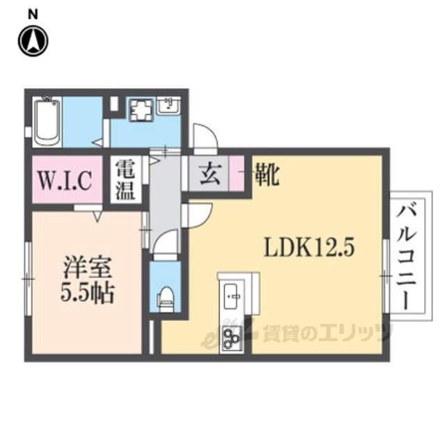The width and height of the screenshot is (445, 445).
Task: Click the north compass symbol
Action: click(33, 40)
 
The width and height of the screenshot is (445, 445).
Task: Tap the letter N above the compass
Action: click(33, 14)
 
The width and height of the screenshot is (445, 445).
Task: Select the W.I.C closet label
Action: click(65, 180)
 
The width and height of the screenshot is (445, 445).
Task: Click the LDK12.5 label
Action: click(309, 248)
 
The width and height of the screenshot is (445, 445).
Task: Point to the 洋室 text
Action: click(88, 267)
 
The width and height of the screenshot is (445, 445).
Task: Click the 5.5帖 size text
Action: click(88, 292)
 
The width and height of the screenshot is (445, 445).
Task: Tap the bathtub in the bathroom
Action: click(47, 122)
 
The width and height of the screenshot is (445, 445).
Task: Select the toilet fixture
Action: click(166, 299)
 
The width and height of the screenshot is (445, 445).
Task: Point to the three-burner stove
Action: click(232, 337)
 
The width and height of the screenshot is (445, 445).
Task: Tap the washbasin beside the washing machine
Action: click(168, 106)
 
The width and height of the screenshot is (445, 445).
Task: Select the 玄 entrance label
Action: click(210, 174)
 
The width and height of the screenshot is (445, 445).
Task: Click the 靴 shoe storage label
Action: click(267, 175)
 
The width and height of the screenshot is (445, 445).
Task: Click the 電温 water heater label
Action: click(125, 180)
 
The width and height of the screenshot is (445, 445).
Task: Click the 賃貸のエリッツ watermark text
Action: click(326, 332)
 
